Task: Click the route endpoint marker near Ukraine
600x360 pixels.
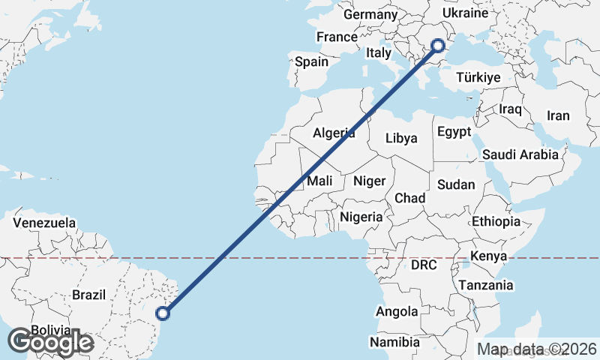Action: (x=439, y=46)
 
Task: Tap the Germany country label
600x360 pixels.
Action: (x=370, y=15)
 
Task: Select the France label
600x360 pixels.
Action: (x=337, y=37)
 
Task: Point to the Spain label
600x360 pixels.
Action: (x=311, y=61)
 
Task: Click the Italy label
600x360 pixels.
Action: (x=379, y=53)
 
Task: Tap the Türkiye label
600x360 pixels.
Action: (x=478, y=77)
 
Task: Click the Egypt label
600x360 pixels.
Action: (x=454, y=132)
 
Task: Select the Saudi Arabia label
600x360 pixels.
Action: (x=520, y=154)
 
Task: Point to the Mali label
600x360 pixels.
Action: (x=320, y=181)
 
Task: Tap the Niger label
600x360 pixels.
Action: (x=369, y=181)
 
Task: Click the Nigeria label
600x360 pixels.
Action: (x=361, y=217)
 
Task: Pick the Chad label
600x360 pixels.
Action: (x=410, y=198)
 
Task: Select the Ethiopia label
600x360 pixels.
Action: (x=496, y=221)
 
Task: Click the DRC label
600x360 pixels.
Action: (x=424, y=265)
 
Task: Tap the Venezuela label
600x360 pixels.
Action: (x=45, y=223)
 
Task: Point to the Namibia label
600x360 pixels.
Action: (x=394, y=343)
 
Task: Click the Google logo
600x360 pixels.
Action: (x=50, y=341)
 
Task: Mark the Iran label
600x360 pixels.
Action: (x=558, y=115)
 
